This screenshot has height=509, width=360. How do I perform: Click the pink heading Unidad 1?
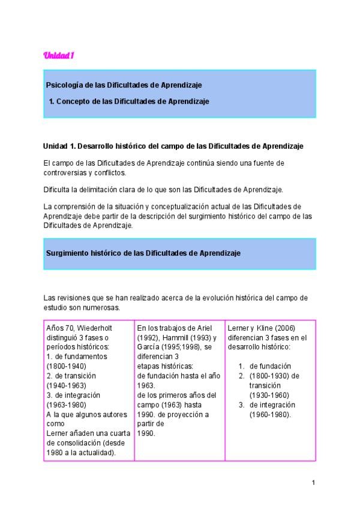58,56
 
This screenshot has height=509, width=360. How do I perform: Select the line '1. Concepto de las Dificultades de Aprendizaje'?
129,101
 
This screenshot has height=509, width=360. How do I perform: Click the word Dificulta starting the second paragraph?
58,189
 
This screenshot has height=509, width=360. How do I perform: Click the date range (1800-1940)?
67,366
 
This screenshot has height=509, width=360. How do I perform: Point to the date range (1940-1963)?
67,385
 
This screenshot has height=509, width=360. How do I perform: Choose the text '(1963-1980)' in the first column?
67,405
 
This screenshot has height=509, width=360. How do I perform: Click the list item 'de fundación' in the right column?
270,366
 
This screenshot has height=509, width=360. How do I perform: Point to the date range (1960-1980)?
270,414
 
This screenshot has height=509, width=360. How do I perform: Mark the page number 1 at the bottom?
313,483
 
